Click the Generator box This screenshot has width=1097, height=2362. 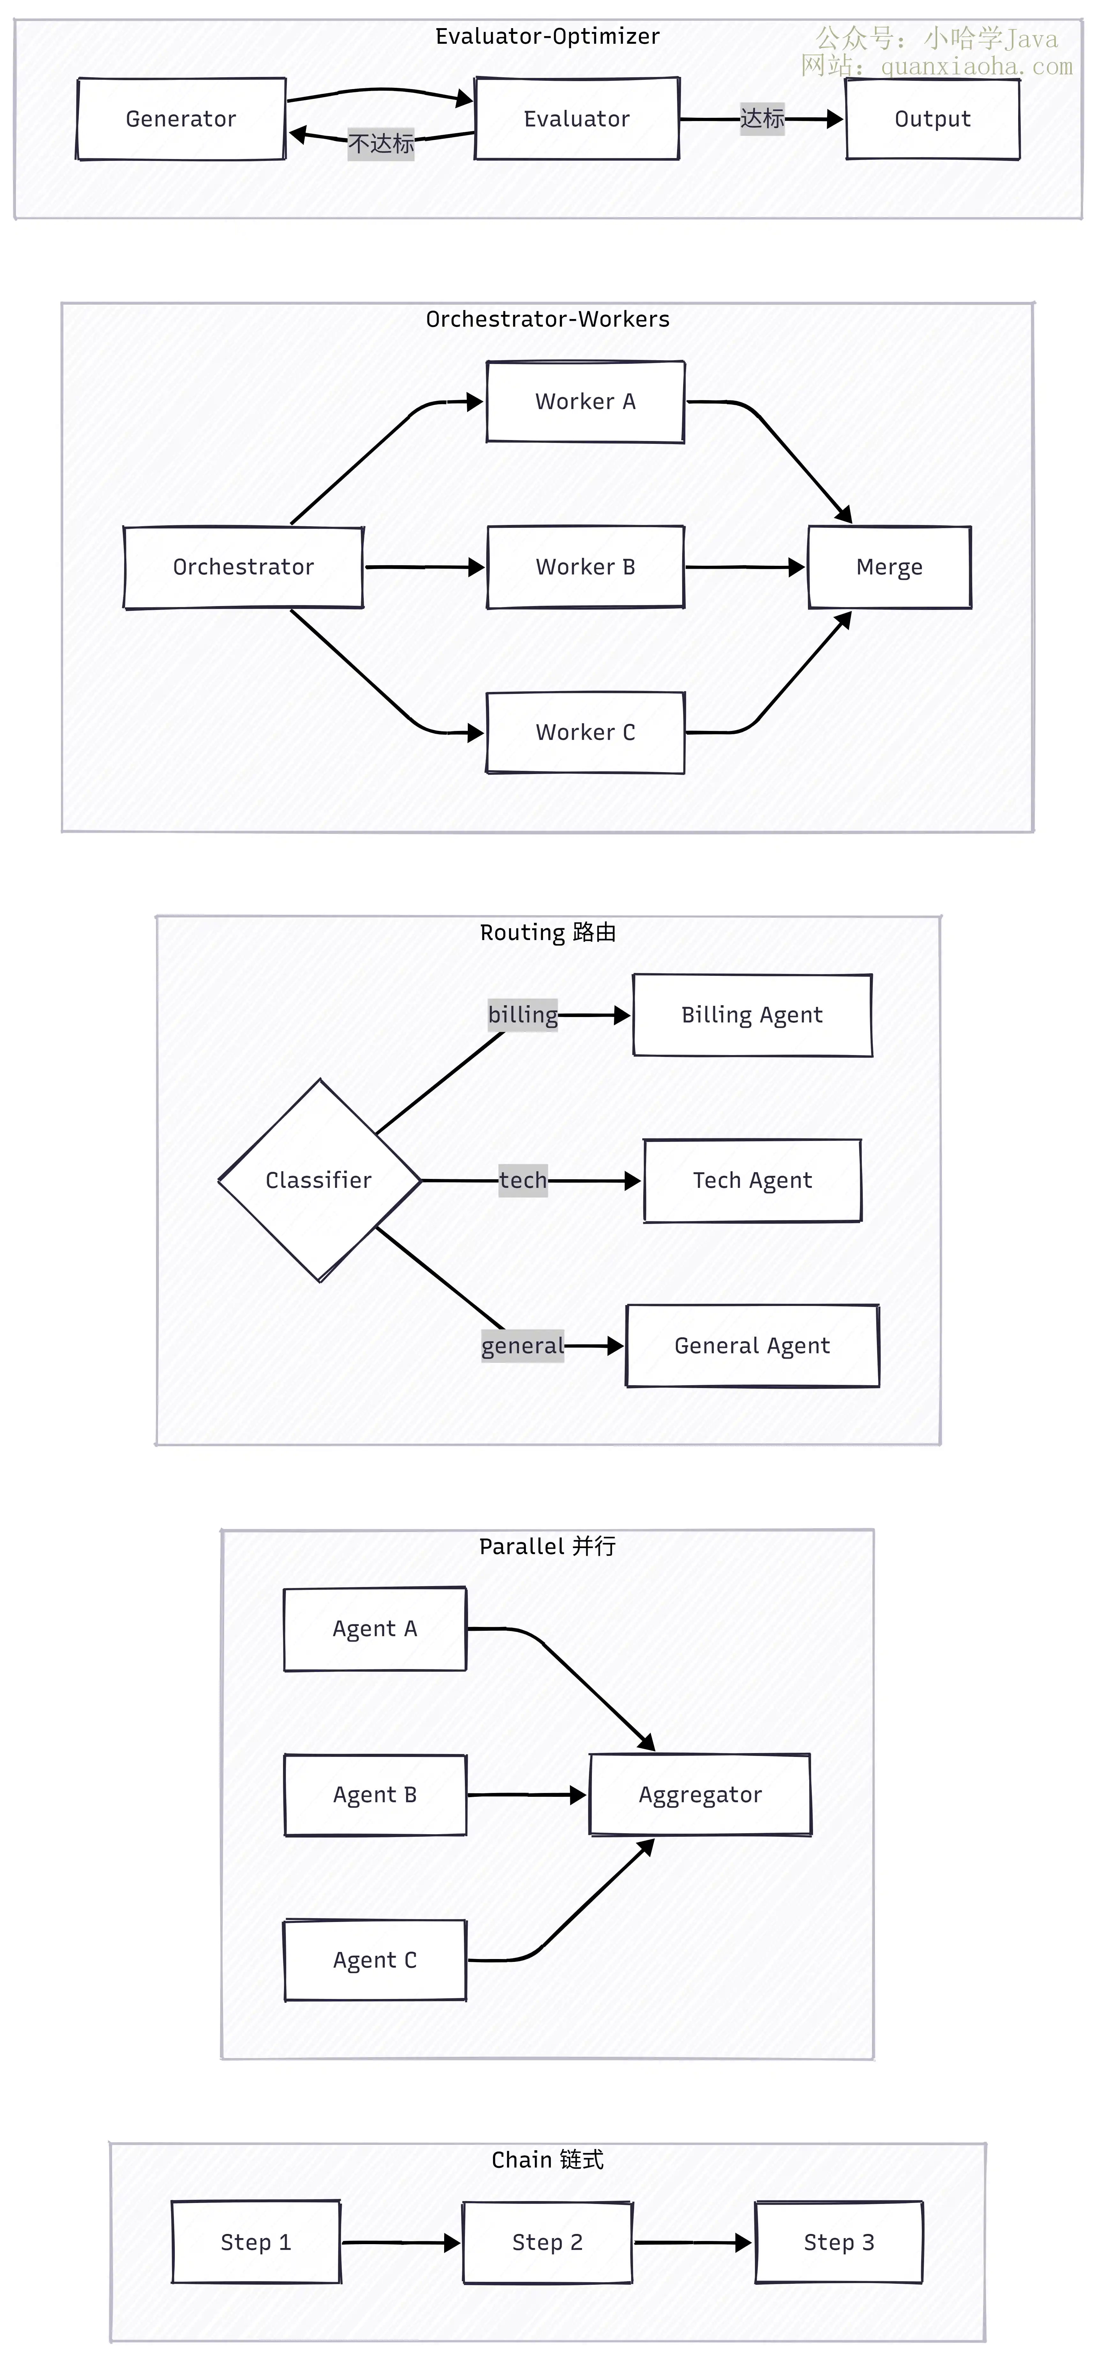[x=182, y=119]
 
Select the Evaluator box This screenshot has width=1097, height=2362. [x=577, y=119]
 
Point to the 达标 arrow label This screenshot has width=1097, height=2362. [x=763, y=118]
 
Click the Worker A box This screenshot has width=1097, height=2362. [x=586, y=402]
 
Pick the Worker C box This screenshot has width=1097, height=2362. [x=586, y=733]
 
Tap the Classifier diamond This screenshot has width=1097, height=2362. [x=319, y=1180]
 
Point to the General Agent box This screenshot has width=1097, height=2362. [x=752, y=1346]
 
